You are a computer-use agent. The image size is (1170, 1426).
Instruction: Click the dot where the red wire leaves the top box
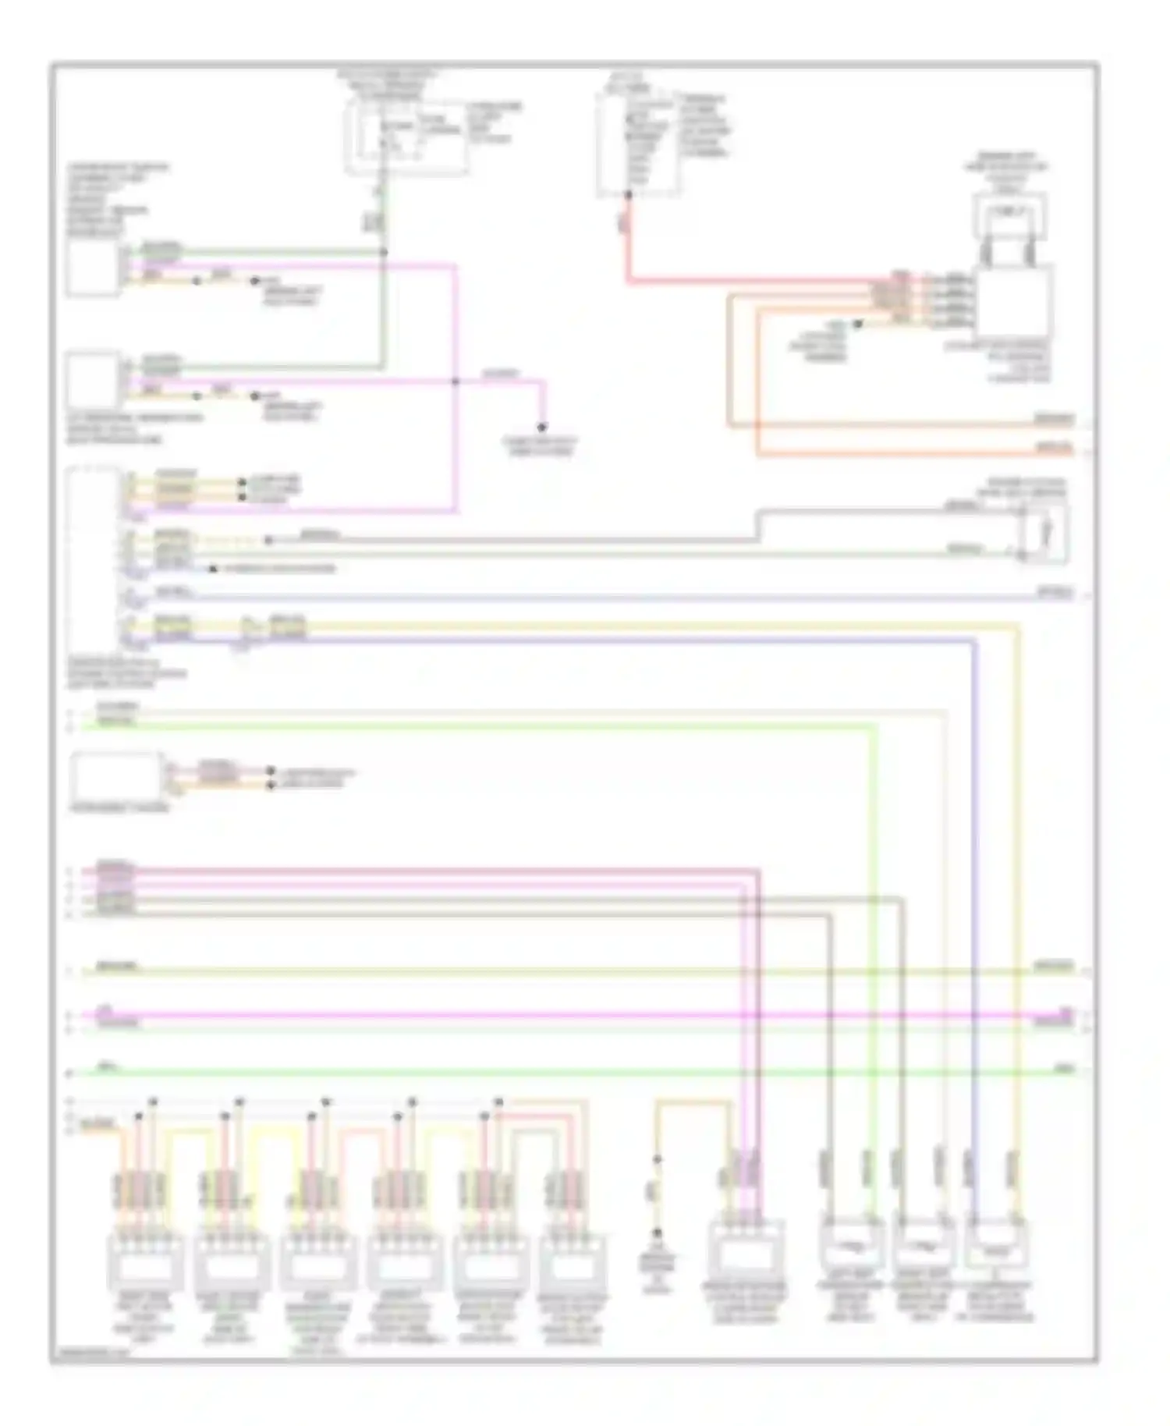pos(628,195)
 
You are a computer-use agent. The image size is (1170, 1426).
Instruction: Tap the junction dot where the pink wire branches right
pos(456,381)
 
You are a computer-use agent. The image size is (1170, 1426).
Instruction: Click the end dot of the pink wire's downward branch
pos(541,427)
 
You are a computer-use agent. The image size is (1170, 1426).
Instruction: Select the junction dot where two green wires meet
pos(383,252)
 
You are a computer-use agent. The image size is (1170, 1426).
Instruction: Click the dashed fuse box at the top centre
pos(406,137)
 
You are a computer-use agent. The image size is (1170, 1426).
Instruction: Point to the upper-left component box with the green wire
pos(93,268)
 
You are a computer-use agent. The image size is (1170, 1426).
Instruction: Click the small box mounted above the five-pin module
pos(1009,215)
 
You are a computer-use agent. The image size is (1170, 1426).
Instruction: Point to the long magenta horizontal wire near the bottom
pos(577,1016)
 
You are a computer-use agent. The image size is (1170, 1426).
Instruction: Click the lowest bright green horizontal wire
pos(577,1073)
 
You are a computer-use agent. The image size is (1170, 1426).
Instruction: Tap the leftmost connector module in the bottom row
pos(145,1260)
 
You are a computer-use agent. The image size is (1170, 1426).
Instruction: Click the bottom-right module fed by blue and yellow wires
pos(996,1244)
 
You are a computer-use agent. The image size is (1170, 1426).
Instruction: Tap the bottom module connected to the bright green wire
pos(851,1244)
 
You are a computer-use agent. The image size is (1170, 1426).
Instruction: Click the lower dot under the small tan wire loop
pos(657,1233)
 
